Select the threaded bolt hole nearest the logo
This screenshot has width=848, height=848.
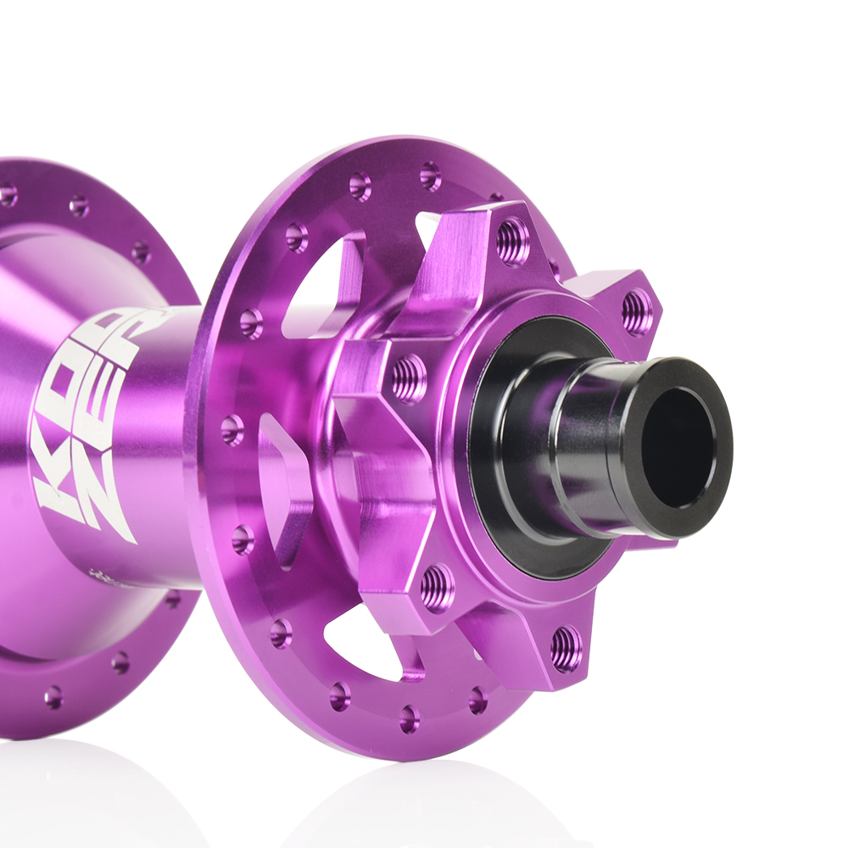coord(409,378)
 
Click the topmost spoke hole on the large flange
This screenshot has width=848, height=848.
coord(430,176)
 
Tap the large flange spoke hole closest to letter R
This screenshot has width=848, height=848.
coord(250,322)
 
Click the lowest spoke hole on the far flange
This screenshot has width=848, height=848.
coord(53,697)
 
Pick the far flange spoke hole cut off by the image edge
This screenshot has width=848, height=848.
coord(6,196)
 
